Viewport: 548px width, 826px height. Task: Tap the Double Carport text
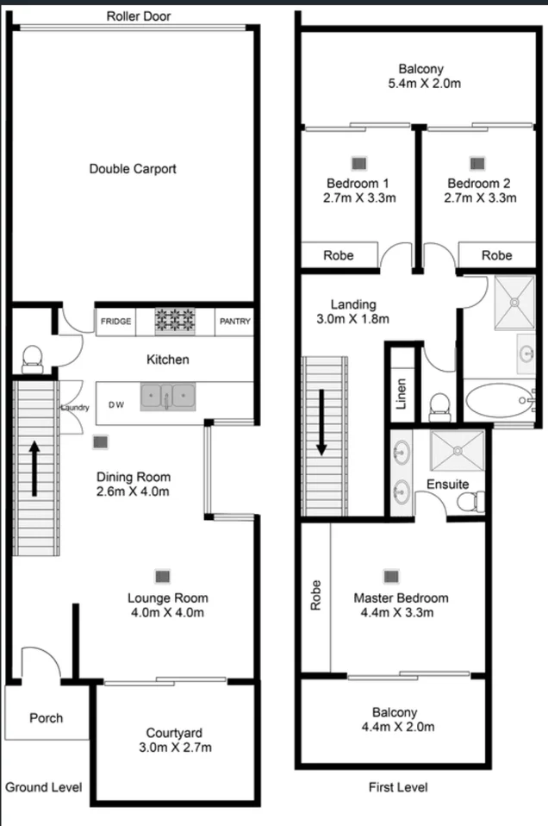pos(133,169)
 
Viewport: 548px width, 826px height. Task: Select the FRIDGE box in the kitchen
pos(116,322)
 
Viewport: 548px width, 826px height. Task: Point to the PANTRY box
pos(234,322)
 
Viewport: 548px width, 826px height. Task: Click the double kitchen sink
pos(169,397)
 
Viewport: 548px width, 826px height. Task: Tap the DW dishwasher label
pos(115,404)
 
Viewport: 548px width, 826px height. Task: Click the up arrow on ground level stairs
pos(34,470)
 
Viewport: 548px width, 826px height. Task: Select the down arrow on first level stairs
pos(321,422)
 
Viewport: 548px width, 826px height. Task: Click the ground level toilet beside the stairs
pos(32,357)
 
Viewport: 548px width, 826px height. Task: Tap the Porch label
pos(47,717)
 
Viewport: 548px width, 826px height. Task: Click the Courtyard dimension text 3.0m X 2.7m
pos(178,747)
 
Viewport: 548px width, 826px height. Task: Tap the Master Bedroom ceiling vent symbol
pos(391,576)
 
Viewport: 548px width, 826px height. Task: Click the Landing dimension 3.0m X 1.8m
pos(354,319)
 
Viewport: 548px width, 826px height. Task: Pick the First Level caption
pos(397,787)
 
